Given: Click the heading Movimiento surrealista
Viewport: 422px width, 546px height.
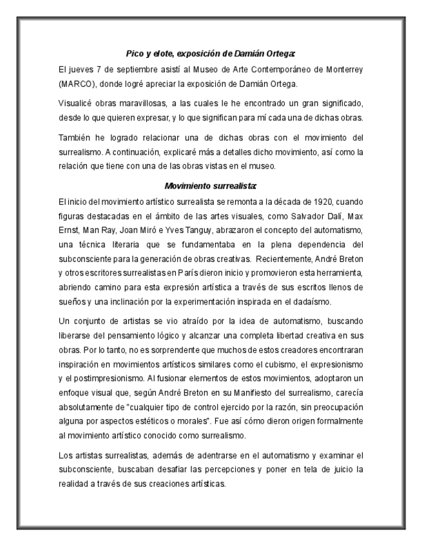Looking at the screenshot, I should [211, 186].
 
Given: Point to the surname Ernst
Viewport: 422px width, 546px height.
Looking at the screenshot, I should [68, 231].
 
